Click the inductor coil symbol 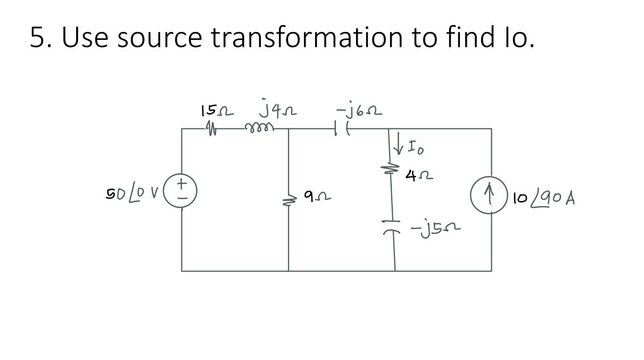258,128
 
